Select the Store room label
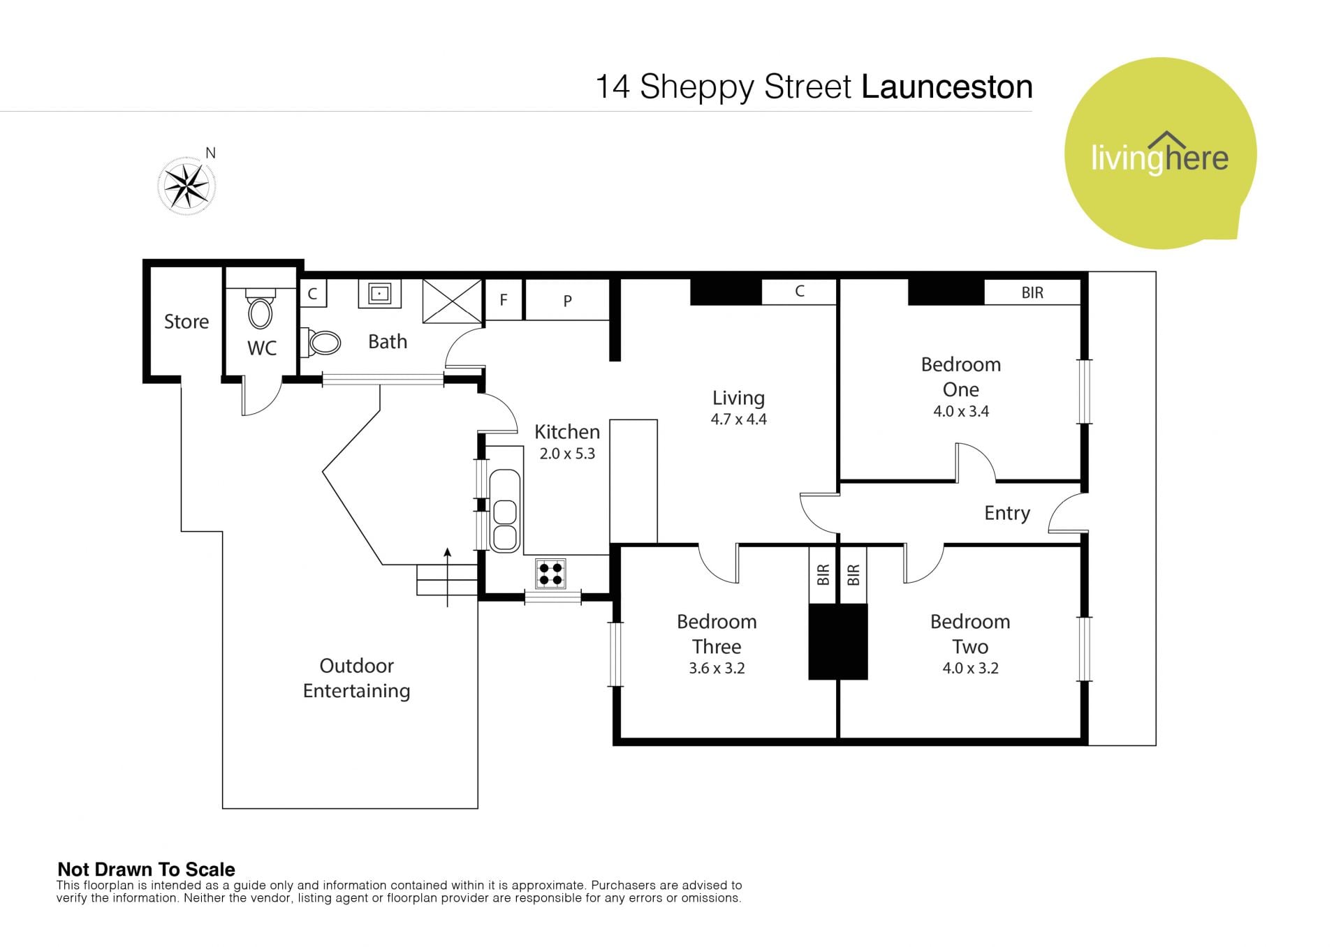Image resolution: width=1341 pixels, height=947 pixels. pos(186,322)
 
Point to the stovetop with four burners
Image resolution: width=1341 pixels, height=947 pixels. pos(550,574)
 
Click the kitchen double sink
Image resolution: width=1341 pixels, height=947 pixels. pos(504,512)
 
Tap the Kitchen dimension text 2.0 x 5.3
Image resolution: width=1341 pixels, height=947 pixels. pos(567,454)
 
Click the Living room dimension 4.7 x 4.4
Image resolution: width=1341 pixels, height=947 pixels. pos(738,419)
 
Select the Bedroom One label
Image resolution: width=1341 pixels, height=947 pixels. pos(961,377)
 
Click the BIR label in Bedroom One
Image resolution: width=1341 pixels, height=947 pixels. pos(1032,293)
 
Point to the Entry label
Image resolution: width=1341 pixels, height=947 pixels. pos(1007,513)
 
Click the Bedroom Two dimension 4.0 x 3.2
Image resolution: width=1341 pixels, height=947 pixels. pos(970,668)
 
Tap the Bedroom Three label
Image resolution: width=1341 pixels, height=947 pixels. pos(717,634)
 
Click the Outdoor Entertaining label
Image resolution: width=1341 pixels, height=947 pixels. pos(356,678)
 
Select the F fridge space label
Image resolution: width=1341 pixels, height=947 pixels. pos(504,300)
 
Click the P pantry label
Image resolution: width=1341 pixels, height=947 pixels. pos(567,301)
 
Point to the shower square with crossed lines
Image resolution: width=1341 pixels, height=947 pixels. pos(453,301)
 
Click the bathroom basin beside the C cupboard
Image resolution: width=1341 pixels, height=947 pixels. pos(379,294)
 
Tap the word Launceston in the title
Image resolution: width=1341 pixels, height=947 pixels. pos(947,87)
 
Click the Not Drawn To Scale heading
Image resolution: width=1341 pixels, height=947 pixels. pos(146,870)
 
